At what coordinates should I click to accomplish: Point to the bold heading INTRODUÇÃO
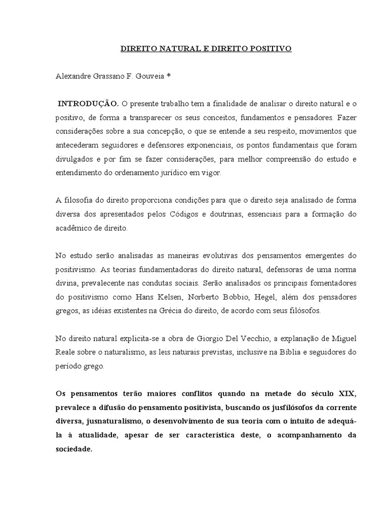(x=89, y=104)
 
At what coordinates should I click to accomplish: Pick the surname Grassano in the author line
(x=112, y=77)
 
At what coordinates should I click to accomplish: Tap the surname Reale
(x=65, y=352)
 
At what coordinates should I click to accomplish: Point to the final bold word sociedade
(x=74, y=449)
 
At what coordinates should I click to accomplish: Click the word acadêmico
(x=72, y=228)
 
